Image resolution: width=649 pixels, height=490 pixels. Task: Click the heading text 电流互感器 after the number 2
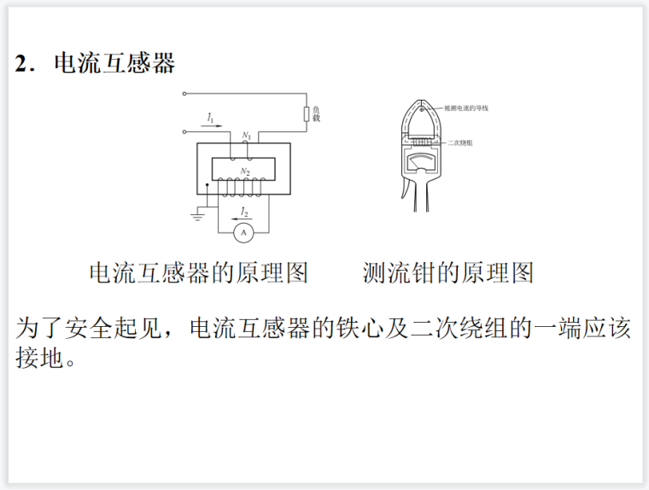pos(114,63)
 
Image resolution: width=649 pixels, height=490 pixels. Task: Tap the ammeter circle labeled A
pos(243,231)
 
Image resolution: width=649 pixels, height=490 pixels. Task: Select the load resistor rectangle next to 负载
pos(305,115)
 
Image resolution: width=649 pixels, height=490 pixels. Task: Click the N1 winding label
pos(246,135)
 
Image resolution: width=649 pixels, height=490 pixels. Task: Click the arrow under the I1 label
pos(213,125)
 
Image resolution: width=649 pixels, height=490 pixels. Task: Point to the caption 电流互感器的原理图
pos(198,273)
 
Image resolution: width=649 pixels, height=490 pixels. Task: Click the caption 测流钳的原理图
pos(448,273)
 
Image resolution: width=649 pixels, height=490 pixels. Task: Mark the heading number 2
pos(21,64)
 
